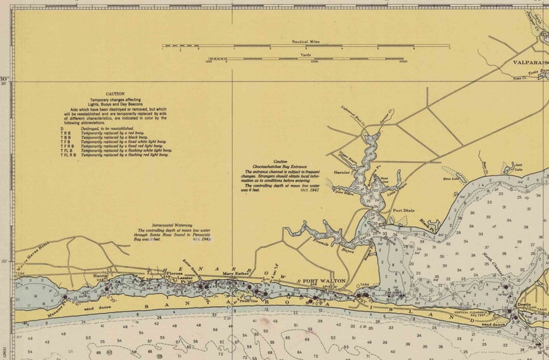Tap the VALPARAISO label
click(530, 62)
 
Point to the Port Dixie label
click(404, 210)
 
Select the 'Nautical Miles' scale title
click(306, 41)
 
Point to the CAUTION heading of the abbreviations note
click(115, 94)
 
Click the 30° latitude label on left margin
click(5, 79)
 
